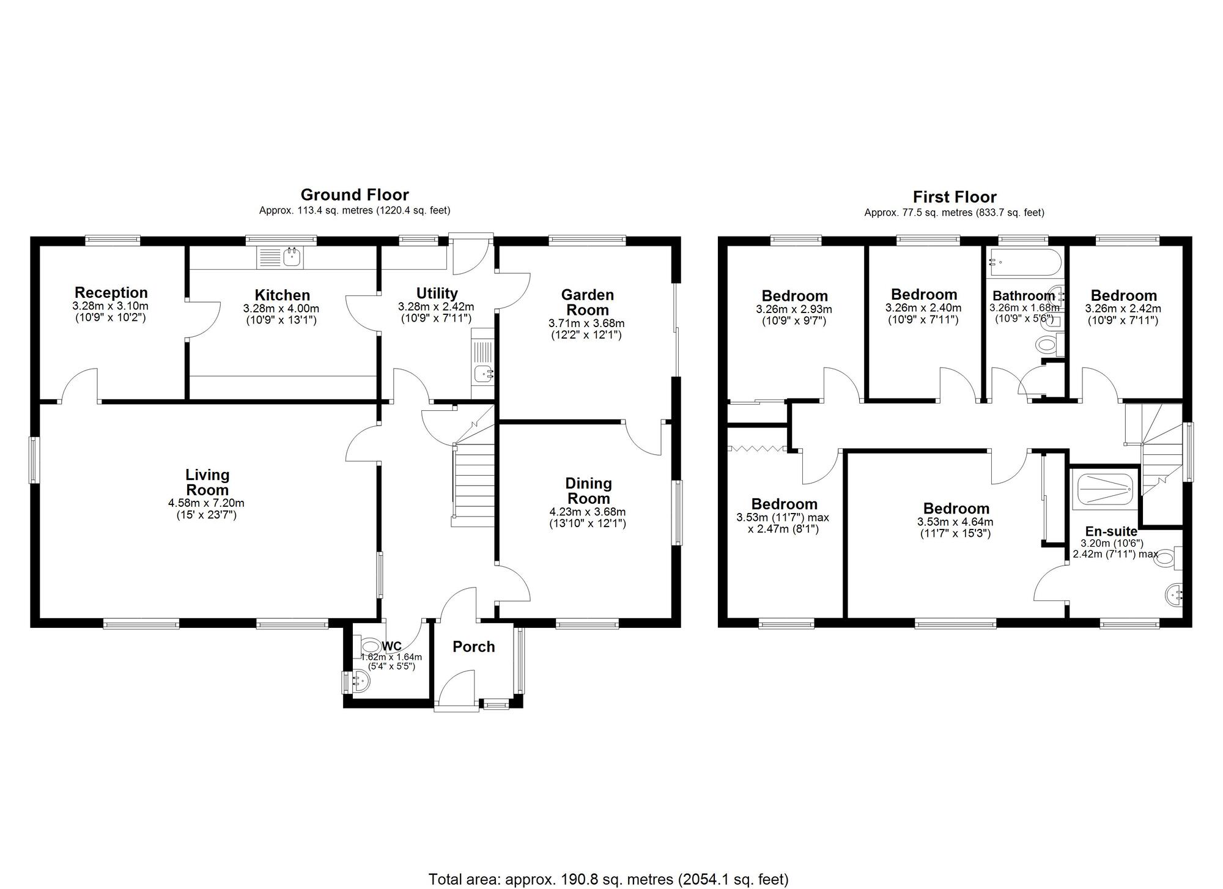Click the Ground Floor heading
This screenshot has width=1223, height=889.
click(x=355, y=195)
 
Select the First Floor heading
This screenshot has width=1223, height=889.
click(x=955, y=197)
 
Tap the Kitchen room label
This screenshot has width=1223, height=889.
click(x=282, y=296)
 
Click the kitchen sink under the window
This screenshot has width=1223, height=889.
click(x=281, y=257)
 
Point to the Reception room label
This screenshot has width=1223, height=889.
click(x=111, y=292)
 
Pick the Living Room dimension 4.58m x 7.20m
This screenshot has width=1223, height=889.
click(x=207, y=503)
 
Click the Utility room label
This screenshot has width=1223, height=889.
click(x=437, y=293)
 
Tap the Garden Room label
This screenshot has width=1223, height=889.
click(x=587, y=302)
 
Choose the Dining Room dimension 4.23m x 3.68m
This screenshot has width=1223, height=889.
click(x=588, y=512)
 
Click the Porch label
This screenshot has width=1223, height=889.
click(x=474, y=647)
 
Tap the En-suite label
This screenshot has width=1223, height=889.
click(x=1111, y=531)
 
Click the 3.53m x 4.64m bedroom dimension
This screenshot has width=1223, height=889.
click(x=955, y=522)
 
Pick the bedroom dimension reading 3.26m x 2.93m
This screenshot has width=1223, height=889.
click(x=794, y=309)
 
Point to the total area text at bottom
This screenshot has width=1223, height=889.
click(x=608, y=879)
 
